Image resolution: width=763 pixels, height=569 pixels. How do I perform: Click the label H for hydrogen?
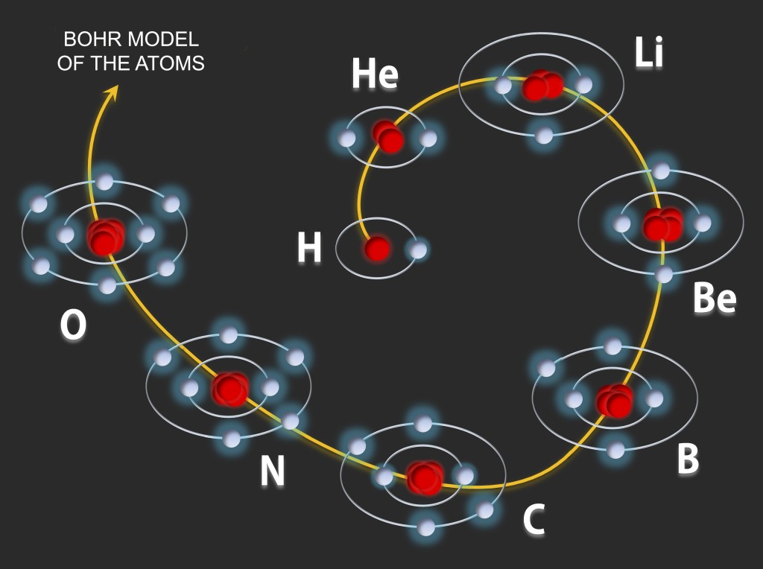click(x=309, y=248)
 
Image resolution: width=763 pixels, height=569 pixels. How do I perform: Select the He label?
click(x=374, y=75)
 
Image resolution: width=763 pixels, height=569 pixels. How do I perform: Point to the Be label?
click(x=714, y=299)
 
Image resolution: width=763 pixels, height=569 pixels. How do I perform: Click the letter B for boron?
click(x=688, y=459)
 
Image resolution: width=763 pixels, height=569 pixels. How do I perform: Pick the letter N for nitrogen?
click(x=272, y=471)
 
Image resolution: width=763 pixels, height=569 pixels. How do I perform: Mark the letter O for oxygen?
click(x=73, y=325)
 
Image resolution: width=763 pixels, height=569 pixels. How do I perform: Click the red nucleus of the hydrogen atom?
click(x=377, y=249)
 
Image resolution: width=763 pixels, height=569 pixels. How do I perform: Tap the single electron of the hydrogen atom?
click(x=419, y=249)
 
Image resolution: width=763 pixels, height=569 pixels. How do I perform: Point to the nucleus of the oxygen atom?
click(x=105, y=236)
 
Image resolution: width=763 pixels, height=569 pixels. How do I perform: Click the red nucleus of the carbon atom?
click(x=425, y=477)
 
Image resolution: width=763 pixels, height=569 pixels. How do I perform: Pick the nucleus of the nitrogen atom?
click(x=229, y=388)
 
